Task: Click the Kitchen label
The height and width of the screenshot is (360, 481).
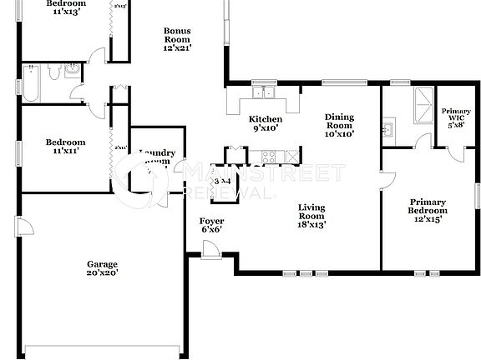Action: (266, 123)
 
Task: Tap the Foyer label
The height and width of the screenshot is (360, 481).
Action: (210, 225)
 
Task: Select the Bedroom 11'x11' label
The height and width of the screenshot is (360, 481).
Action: (65, 147)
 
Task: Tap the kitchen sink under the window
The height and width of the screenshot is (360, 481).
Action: (266, 92)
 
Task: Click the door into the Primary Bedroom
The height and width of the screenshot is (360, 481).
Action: (385, 182)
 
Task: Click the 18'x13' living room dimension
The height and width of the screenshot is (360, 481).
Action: (312, 223)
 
